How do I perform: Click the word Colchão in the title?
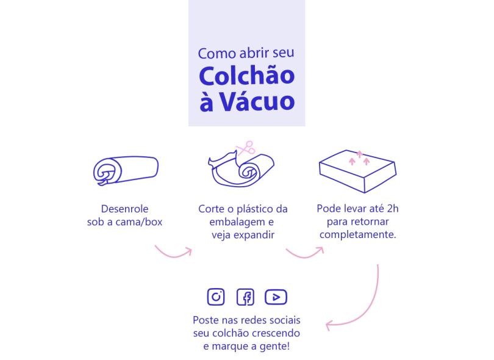(246, 76)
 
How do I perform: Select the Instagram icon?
(216, 297)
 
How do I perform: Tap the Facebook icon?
(245, 297)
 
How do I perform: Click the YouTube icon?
(276, 297)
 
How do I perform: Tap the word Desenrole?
(125, 209)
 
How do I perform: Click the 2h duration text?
(392, 209)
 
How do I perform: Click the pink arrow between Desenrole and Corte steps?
(173, 251)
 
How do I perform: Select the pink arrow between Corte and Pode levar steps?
(304, 251)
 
